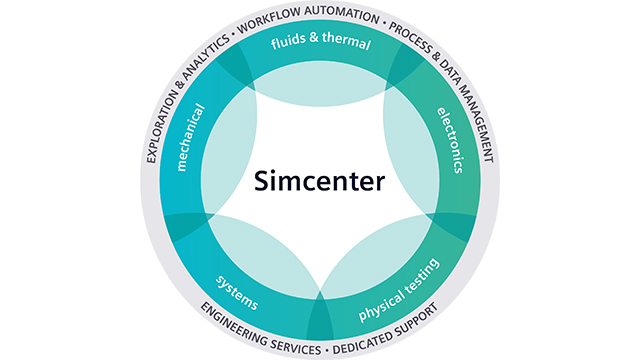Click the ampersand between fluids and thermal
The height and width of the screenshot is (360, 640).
coord(318,44)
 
